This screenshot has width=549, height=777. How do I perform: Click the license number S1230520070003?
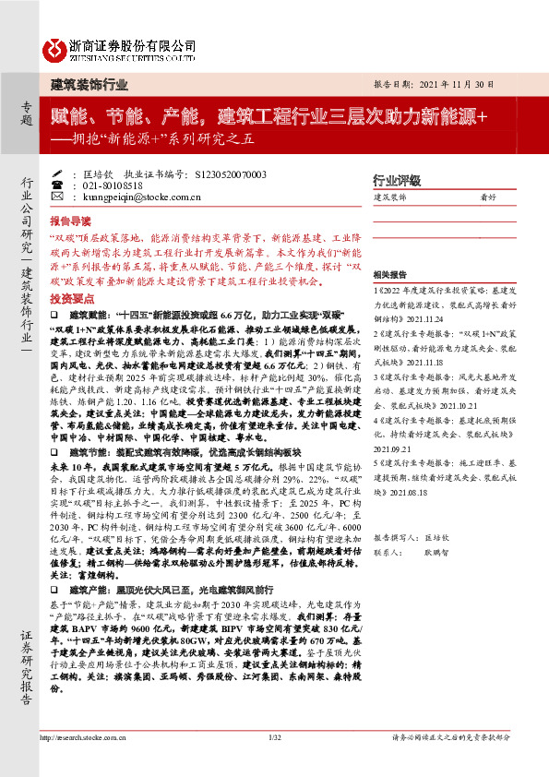pyautogui.click(x=233, y=173)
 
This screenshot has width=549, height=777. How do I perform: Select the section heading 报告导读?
pyautogui.click(x=71, y=221)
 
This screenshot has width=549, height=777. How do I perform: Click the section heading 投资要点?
pyautogui.click(x=71, y=299)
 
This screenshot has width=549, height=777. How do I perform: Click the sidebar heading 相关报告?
pyautogui.click(x=391, y=276)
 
